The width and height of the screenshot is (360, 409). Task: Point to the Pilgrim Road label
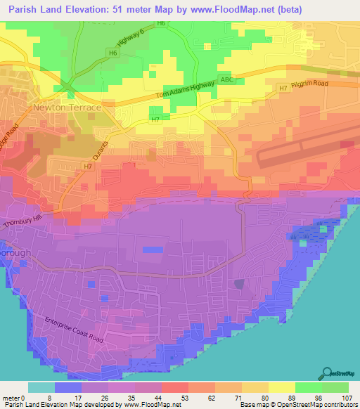point(311,84)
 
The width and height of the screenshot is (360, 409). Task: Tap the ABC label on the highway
point(225,79)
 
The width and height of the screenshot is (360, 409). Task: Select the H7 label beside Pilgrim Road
point(283,89)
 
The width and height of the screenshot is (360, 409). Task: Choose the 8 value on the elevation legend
point(48,398)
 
